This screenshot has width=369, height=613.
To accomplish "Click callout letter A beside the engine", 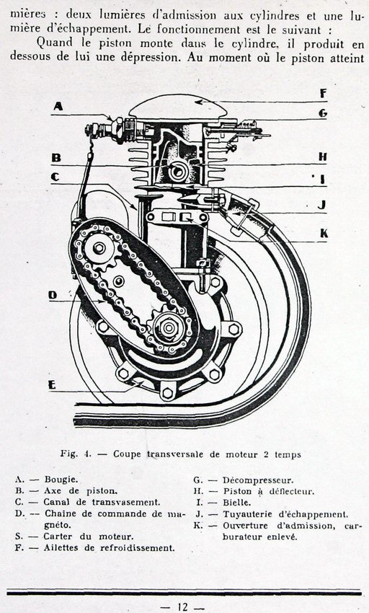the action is click(58, 106).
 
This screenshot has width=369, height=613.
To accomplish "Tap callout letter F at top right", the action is click(323, 94).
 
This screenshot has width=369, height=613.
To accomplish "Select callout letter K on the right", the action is click(324, 234).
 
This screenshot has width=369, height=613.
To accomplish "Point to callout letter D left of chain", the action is click(53, 295).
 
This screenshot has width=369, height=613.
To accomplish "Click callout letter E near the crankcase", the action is click(52, 385).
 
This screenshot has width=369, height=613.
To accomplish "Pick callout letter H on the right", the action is click(322, 157).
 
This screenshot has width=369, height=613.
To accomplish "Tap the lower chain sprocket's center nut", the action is click(169, 328).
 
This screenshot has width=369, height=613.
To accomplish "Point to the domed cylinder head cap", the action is click(178, 106).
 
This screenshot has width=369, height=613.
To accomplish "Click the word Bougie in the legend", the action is click(61, 480).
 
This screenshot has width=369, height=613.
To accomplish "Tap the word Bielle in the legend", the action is click(237, 503).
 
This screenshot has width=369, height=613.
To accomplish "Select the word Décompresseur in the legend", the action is click(258, 480).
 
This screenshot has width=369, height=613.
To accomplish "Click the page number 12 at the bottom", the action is click(182, 607).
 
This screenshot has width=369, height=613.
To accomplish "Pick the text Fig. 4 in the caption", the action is click(76, 454).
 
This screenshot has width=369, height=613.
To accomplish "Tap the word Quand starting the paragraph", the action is click(54, 42).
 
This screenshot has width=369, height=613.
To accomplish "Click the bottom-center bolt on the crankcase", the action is click(167, 392).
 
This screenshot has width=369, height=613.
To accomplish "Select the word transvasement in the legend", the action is click(126, 503).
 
